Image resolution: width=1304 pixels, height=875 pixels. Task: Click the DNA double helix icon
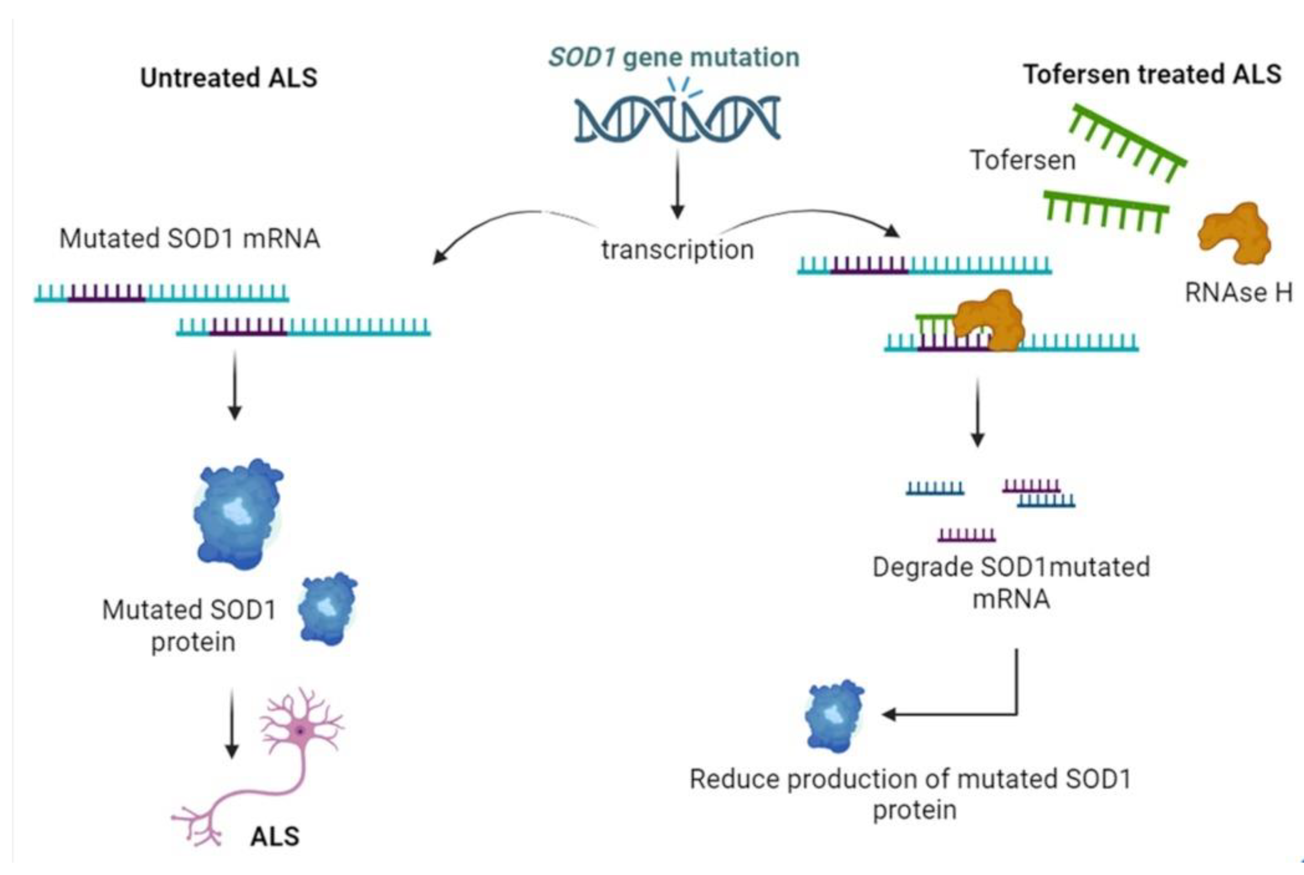[676, 118]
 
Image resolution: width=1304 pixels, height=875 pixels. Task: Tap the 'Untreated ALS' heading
[229, 77]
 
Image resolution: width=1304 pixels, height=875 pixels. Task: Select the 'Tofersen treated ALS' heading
[1152, 74]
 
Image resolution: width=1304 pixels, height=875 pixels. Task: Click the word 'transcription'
[677, 249]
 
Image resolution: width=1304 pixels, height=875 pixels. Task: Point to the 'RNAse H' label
[1238, 292]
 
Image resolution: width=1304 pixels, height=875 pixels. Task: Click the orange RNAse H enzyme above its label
[1234, 233]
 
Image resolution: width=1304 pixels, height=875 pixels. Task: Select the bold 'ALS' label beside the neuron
[275, 836]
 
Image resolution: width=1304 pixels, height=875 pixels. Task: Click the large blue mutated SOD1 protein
[238, 513]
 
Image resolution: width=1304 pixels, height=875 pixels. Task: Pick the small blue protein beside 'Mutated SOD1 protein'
[327, 609]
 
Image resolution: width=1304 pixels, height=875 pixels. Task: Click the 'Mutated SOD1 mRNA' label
[189, 238]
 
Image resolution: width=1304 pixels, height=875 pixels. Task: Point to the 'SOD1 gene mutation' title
[674, 57]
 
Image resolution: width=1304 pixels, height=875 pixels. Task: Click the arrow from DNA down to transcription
[677, 184]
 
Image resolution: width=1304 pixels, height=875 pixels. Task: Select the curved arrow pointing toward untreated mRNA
[502, 223]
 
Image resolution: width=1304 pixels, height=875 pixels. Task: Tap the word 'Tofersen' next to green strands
[1022, 160]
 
